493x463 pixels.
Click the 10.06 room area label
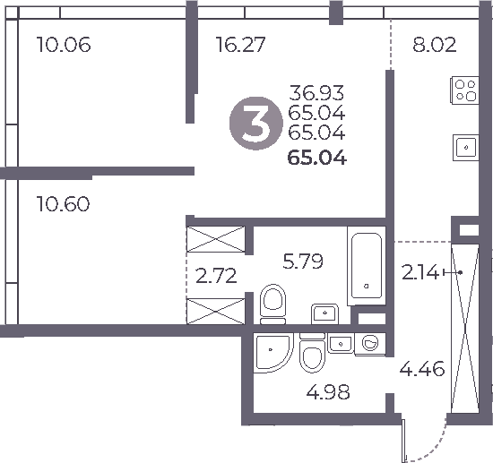pos(64,44)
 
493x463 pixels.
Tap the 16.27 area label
pos(240,44)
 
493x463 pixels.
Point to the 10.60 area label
pos(63,203)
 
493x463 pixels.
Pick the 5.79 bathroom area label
pos(302,262)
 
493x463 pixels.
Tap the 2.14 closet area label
pos(421,273)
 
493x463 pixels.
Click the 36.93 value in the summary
pos(316,92)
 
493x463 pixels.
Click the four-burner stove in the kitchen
pos(465,90)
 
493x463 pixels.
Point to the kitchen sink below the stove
pos(466,145)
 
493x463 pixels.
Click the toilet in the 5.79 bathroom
pos(272,303)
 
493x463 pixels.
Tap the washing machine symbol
pos(369,342)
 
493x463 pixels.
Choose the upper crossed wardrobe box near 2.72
pos(215,241)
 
